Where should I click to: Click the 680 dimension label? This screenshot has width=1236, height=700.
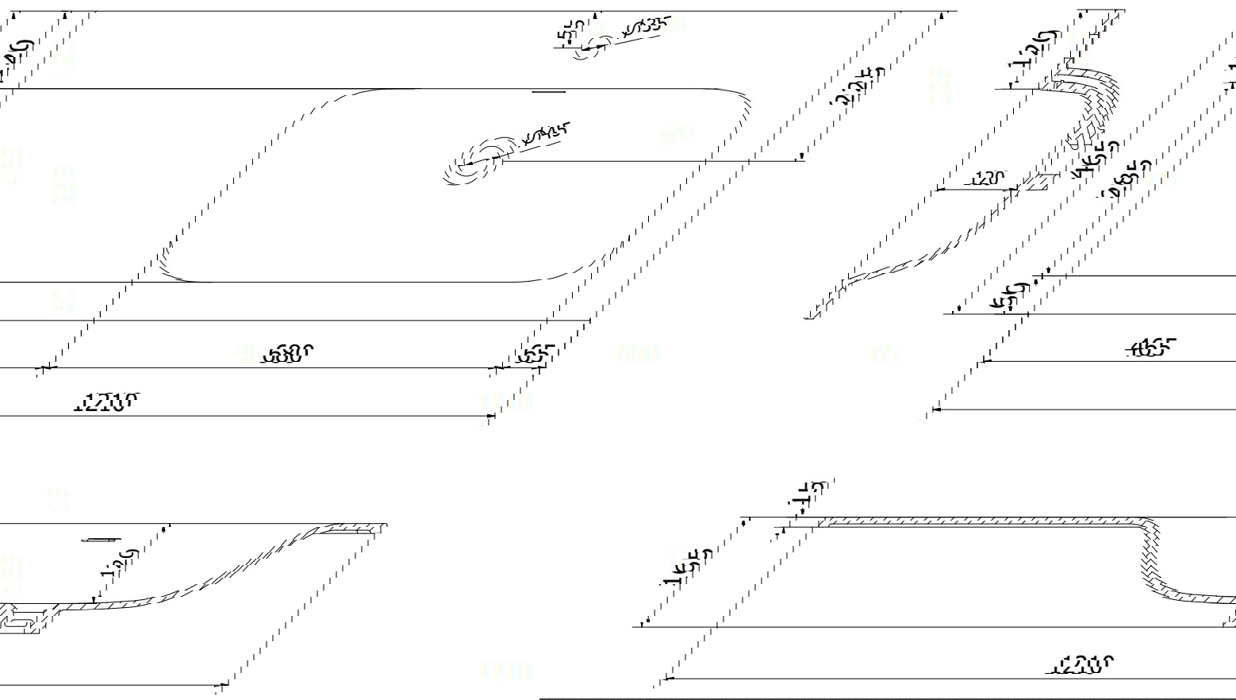[x=288, y=354]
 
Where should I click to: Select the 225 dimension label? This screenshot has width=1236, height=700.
[x=858, y=86]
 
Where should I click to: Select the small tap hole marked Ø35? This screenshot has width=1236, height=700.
[x=589, y=47]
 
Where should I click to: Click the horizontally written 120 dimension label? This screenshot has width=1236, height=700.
[x=988, y=179]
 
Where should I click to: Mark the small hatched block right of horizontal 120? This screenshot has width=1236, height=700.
[x=1033, y=183]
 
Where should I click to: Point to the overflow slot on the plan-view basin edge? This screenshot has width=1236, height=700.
[x=548, y=92]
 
